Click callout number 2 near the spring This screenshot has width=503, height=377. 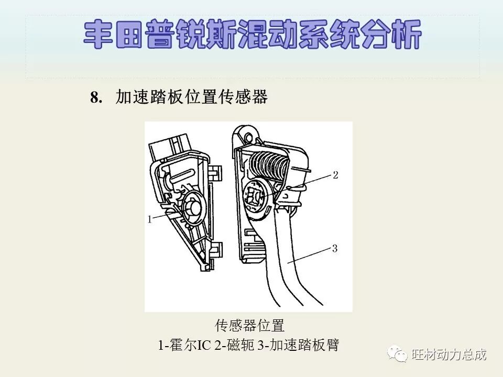point(335,175)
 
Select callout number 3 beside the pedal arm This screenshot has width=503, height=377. point(335,249)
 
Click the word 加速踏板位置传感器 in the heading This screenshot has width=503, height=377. point(191,97)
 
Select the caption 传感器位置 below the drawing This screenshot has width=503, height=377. point(249,326)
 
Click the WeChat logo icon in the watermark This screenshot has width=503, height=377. point(397,354)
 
